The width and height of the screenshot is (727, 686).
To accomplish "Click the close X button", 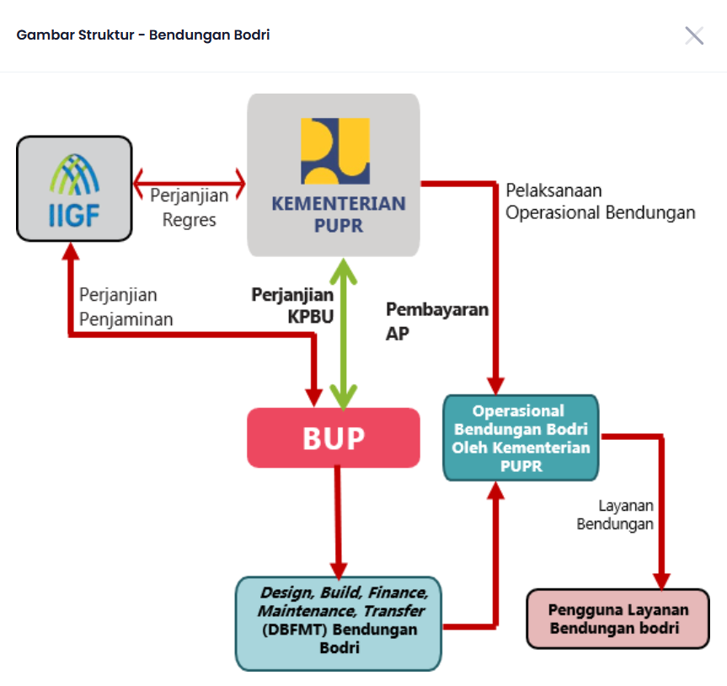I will point(694,35).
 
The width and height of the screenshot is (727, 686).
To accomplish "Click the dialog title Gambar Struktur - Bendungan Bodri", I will point(143,35).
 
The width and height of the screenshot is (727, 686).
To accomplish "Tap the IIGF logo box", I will point(74,188).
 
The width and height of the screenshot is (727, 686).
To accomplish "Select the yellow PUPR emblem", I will point(334,151).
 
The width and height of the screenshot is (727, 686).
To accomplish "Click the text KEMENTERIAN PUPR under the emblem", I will point(338,214).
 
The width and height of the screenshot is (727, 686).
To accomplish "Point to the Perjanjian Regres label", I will point(190,207).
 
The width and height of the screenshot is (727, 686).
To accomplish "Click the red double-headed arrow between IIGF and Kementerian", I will point(189,181).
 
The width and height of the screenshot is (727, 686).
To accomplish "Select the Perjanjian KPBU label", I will point(292,305).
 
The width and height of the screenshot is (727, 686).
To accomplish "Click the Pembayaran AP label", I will point(436,320).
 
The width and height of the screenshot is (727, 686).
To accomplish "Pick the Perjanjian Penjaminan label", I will point(126,307).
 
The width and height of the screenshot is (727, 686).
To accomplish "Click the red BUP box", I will point(334,438).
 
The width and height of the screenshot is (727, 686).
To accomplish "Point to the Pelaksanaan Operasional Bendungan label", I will point(600,201).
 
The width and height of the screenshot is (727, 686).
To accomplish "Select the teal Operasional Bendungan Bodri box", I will point(520,437).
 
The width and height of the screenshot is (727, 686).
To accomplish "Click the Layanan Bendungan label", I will point(615,514).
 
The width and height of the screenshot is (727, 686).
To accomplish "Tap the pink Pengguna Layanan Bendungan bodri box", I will point(617,619).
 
